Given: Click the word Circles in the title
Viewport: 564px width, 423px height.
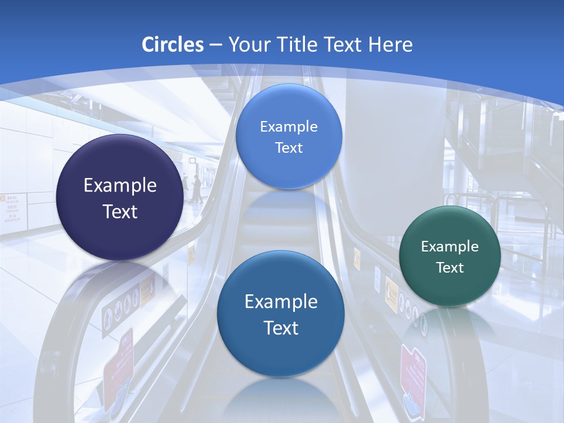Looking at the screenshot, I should pyautogui.click(x=173, y=45).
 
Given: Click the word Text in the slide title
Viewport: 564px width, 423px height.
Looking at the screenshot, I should pyautogui.click(x=344, y=45).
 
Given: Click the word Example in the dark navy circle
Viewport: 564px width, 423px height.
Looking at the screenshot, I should pyautogui.click(x=120, y=186).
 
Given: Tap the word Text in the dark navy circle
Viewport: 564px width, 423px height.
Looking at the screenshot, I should pyautogui.click(x=120, y=211).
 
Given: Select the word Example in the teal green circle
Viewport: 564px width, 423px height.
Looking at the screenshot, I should pyautogui.click(x=449, y=247).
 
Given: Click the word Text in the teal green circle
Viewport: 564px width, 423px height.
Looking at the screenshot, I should pyautogui.click(x=450, y=268).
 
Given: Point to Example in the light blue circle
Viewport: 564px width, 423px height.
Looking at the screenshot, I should pyautogui.click(x=288, y=127).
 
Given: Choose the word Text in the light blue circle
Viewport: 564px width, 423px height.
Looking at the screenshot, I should pyautogui.click(x=288, y=148).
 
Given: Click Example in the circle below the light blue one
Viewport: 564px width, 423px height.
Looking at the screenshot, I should pyautogui.click(x=281, y=302).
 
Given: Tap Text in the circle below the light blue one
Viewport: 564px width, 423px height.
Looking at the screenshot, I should pyautogui.click(x=281, y=328).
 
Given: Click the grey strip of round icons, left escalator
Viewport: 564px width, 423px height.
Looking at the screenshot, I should pyautogui.click(x=121, y=308).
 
